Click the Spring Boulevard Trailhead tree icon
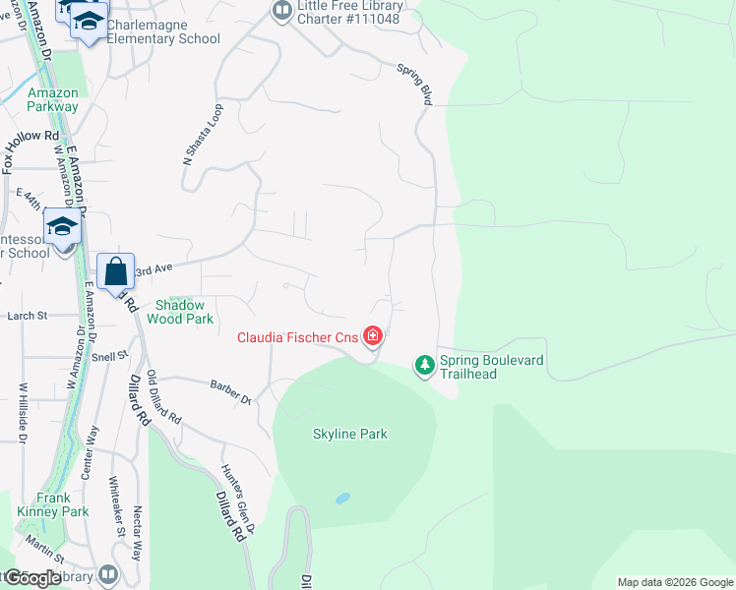(x=424, y=366)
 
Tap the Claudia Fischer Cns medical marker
(x=372, y=337)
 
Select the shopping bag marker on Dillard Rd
(x=115, y=270)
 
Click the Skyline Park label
(x=350, y=434)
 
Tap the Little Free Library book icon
(x=282, y=11)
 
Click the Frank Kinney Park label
(x=52, y=504)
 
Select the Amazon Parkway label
(x=53, y=99)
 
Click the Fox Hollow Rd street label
(x=31, y=152)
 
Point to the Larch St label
(x=28, y=316)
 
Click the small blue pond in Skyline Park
(x=342, y=499)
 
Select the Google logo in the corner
(x=31, y=578)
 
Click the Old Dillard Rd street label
(x=163, y=398)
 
